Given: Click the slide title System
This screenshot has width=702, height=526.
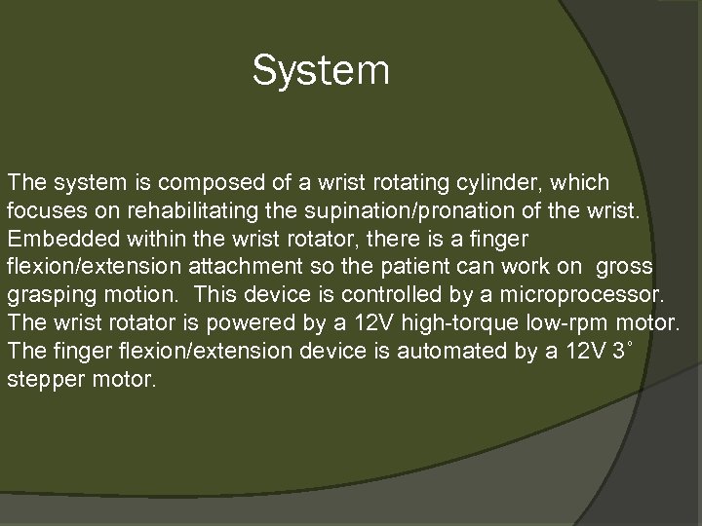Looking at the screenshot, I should [x=321, y=71].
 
